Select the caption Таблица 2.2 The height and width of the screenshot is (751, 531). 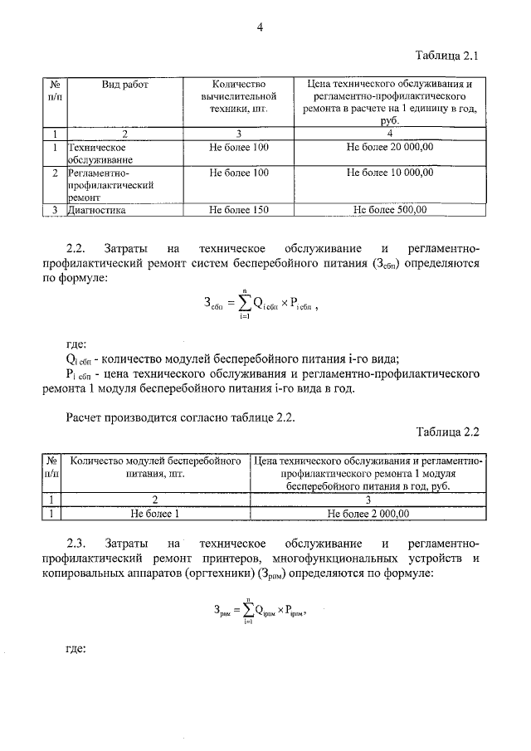(446, 432)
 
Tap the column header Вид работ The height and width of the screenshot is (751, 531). (124, 85)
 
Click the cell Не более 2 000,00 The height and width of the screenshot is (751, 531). (368, 514)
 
